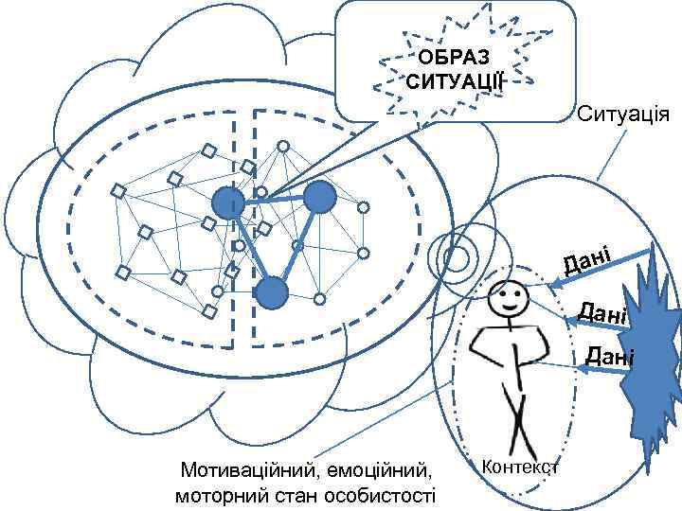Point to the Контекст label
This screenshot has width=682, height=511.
(x=521, y=467)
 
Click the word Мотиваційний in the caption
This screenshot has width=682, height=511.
(x=248, y=469)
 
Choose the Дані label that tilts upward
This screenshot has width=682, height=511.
(x=590, y=257)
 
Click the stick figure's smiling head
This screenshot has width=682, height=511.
(x=509, y=301)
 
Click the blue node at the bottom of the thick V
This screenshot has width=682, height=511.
(x=272, y=293)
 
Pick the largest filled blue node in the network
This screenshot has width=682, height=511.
(x=320, y=197)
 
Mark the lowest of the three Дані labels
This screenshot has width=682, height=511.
(x=608, y=356)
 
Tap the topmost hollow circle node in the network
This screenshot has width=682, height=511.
(x=281, y=147)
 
